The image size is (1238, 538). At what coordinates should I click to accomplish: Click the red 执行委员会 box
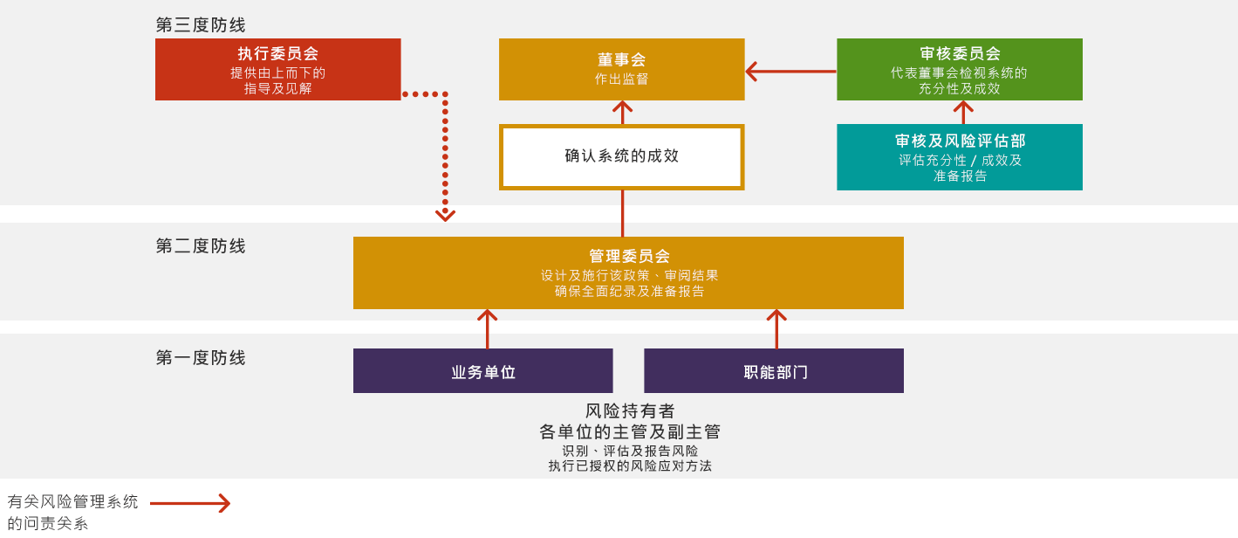(x=277, y=69)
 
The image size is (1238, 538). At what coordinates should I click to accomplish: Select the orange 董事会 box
(x=621, y=69)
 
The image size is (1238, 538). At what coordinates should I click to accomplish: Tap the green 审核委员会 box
(x=959, y=69)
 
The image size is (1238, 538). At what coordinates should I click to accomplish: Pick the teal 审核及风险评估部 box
(x=959, y=157)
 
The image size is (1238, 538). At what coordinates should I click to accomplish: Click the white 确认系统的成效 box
(x=621, y=157)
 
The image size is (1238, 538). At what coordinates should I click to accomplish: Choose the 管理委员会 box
(x=628, y=272)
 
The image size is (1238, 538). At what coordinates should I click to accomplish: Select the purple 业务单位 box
(x=482, y=371)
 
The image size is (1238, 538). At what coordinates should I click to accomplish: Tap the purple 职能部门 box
(x=773, y=371)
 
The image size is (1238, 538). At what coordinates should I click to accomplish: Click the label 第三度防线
(x=201, y=24)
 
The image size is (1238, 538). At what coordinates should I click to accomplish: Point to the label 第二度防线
(x=201, y=246)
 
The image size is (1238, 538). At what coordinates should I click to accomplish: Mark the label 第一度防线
(x=201, y=358)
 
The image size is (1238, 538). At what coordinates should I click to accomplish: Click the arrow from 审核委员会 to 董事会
(x=790, y=71)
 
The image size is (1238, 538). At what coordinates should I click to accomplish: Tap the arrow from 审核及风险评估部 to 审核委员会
(x=963, y=112)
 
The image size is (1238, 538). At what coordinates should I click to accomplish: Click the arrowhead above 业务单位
(x=488, y=315)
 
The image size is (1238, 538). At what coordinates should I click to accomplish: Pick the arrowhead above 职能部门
(x=776, y=315)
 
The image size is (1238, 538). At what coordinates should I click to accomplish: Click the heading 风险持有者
(x=630, y=410)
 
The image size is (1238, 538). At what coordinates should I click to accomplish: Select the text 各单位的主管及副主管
(x=630, y=431)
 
